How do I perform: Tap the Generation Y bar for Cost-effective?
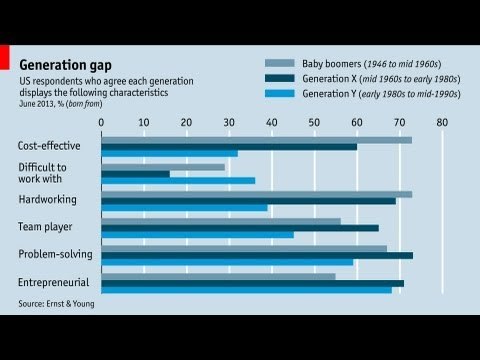(x=170, y=153)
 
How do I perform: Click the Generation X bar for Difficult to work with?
(x=135, y=174)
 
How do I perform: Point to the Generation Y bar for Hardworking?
(x=185, y=208)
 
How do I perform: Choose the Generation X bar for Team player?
(x=240, y=228)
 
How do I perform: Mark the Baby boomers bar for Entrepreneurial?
(x=219, y=275)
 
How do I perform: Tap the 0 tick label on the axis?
(x=102, y=122)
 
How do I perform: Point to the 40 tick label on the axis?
(x=272, y=122)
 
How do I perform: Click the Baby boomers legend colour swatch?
(x=279, y=62)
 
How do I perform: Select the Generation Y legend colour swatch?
(x=279, y=92)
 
